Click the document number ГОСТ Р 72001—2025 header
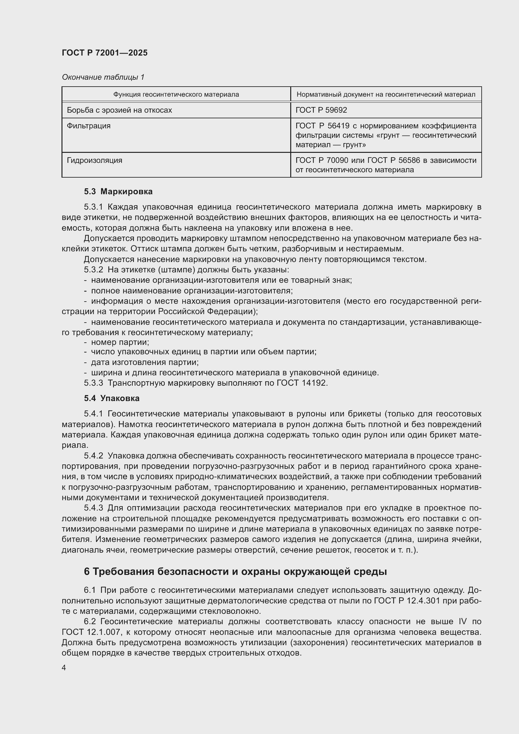pos(105,53)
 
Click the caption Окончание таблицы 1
pos(103,77)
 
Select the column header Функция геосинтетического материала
pos(176,94)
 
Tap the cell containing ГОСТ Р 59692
pos(321,110)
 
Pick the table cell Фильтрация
pos(88,126)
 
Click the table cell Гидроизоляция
pos(94,160)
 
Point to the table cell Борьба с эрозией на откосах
pos(119,110)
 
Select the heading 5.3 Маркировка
pos(118,191)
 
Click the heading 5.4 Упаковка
pos(112,398)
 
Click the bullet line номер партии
pos(120,342)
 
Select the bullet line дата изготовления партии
pos(144,362)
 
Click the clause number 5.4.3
pos(93,508)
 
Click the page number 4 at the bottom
pos(64,668)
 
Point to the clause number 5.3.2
pos(93,270)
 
